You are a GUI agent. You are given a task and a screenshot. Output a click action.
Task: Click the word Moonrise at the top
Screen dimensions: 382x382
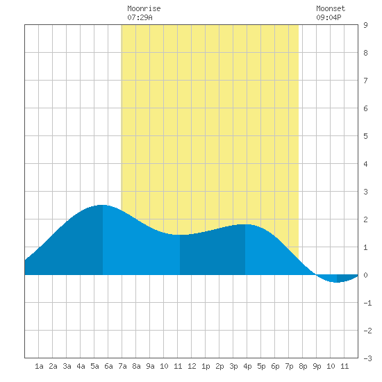click(144, 8)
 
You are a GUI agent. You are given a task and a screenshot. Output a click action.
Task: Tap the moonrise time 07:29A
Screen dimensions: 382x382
click(140, 17)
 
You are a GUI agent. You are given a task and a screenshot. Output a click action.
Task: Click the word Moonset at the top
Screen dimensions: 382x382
click(331, 8)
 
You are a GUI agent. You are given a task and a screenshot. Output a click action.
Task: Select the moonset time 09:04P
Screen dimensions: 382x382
click(329, 17)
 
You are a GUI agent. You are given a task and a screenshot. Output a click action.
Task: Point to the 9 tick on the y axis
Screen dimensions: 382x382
click(365, 25)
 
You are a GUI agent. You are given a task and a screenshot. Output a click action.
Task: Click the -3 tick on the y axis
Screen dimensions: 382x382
click(367, 358)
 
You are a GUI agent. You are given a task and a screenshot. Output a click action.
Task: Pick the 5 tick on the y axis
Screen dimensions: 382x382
click(365, 136)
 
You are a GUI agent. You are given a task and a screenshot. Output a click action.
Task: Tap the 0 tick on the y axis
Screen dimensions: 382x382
click(365, 275)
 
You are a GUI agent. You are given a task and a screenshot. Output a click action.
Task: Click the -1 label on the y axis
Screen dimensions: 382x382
click(367, 303)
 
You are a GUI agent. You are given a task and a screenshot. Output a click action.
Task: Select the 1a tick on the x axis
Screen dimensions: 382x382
click(39, 366)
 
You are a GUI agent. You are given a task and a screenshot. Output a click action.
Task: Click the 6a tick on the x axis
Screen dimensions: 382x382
click(108, 366)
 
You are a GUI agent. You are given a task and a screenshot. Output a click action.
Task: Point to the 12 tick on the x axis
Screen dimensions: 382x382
click(192, 366)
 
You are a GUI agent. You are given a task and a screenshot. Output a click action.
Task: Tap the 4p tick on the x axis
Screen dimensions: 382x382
click(247, 366)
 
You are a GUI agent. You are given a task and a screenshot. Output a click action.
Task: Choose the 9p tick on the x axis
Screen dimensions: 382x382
click(317, 366)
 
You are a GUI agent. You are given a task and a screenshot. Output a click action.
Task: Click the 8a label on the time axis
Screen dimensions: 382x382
click(136, 366)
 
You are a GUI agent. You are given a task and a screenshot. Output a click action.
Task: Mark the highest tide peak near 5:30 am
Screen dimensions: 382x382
click(103, 205)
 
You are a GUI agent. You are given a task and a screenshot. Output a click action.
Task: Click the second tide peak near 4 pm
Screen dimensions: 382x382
click(245, 224)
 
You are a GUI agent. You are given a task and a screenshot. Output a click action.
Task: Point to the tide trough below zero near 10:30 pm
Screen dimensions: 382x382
click(337, 282)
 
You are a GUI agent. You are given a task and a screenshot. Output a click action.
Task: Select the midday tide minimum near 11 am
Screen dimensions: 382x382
click(180, 235)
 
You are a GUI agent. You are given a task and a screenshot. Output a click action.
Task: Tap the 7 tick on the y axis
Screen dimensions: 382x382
click(365, 81)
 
